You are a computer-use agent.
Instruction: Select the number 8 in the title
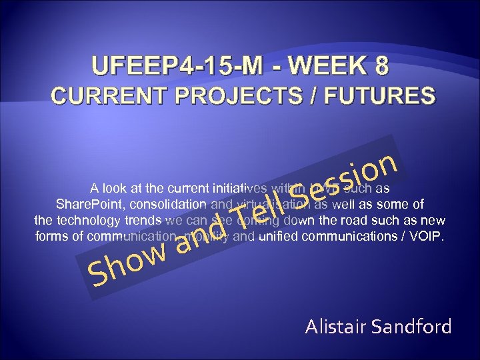pyautogui.click(x=381, y=67)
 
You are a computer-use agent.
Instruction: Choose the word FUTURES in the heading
pyautogui.click(x=377, y=95)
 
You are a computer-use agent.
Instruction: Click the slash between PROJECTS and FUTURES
pyautogui.click(x=311, y=95)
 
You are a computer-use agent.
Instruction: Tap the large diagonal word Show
pyautogui.click(x=127, y=264)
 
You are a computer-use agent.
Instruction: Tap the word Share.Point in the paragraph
pyautogui.click(x=87, y=203)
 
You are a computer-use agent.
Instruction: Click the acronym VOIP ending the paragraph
pyautogui.click(x=427, y=237)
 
